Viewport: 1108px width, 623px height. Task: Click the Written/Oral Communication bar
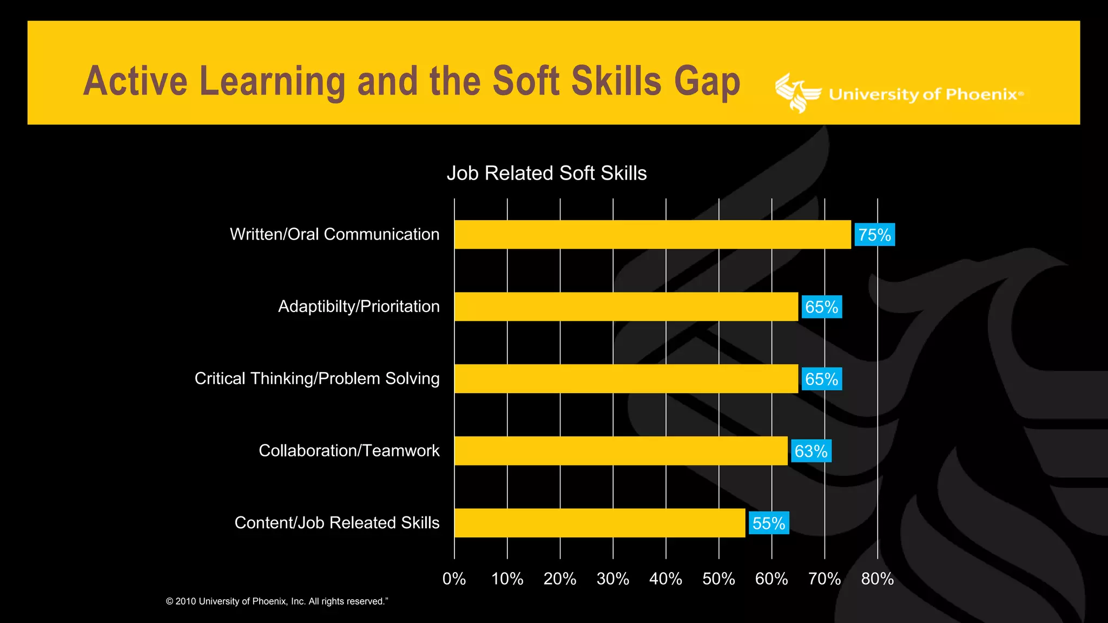(652, 234)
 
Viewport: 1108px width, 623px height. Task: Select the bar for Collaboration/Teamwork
(621, 450)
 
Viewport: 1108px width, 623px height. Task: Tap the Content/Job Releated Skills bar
(599, 522)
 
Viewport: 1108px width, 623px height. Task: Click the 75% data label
(874, 235)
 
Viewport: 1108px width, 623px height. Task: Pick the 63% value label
(810, 451)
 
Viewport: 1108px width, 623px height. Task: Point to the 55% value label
(768, 523)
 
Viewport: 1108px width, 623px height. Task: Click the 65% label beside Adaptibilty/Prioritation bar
(821, 307)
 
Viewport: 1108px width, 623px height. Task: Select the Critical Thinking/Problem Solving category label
(317, 379)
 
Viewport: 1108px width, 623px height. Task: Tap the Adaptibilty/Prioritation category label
(359, 307)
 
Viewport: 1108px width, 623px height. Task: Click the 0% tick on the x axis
(454, 579)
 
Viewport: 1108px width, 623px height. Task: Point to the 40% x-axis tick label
(665, 579)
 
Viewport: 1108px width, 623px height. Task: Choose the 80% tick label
(877, 579)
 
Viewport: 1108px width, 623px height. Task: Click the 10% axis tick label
(507, 579)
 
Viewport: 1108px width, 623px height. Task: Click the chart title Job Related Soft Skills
(546, 173)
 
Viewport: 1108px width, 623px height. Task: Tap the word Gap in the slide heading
(707, 82)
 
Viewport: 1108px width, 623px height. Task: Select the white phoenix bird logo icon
(797, 93)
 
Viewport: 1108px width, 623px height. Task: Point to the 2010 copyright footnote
(277, 601)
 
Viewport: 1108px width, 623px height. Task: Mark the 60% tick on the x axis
(771, 579)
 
